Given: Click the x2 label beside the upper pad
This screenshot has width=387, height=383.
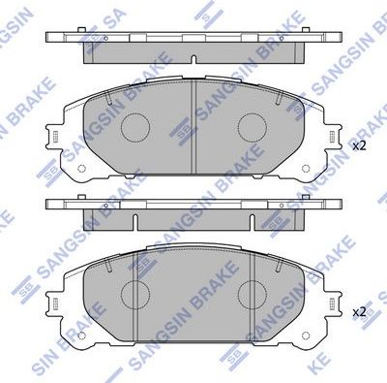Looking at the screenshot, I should [359, 146].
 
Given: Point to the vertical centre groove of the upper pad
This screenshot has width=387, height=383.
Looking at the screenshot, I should [193, 126].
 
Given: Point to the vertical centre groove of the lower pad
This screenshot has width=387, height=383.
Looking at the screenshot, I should [193, 291].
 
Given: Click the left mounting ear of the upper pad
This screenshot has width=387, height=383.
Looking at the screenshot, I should [56, 142].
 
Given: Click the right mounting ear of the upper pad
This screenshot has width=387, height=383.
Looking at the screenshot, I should [331, 142].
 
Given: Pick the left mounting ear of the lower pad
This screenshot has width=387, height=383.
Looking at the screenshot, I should [56, 306].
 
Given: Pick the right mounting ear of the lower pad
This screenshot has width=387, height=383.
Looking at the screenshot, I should [331, 306].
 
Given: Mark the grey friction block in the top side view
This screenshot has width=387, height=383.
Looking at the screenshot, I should [193, 50].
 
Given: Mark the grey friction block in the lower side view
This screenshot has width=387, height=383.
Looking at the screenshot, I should [193, 216].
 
